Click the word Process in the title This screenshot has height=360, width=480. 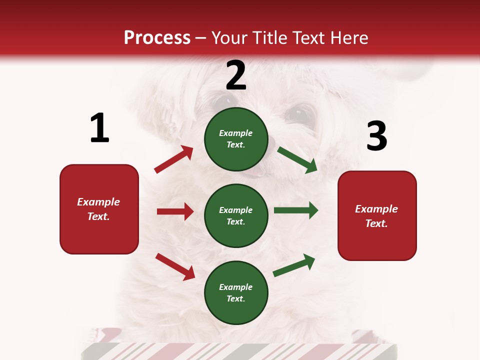point(157,37)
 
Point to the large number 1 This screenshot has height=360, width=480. point(99,128)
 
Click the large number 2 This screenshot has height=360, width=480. point(236,75)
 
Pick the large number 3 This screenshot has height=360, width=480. point(376,136)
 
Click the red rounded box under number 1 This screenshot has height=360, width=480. point(99,209)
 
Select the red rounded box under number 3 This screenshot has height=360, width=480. point(377,216)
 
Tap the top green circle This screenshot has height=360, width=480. point(236,139)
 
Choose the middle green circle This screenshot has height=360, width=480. point(236,215)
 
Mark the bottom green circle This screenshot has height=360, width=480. point(236,292)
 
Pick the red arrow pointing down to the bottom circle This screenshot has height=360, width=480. point(175,266)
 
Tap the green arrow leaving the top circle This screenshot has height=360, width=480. point(297,159)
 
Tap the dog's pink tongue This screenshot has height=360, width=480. point(255,173)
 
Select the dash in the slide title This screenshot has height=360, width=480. point(201,38)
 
